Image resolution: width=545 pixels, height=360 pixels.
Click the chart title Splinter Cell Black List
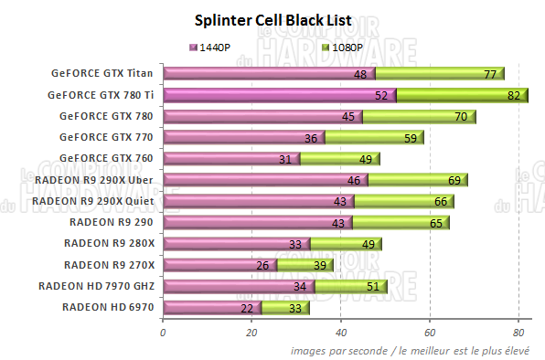point(272,20)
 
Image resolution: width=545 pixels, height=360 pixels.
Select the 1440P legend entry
point(213,46)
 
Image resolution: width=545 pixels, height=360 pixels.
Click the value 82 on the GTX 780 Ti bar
point(513,95)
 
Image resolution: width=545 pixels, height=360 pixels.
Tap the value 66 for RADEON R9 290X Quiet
point(439,201)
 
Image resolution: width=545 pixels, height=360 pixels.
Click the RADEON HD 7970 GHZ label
point(97,286)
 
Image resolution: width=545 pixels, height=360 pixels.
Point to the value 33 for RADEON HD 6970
point(294,308)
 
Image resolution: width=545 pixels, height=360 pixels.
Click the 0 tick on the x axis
point(163,333)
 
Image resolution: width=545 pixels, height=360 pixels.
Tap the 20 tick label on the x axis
point(251,333)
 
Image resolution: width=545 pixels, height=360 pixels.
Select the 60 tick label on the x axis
point(430,333)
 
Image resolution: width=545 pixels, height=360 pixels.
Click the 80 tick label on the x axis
point(518,333)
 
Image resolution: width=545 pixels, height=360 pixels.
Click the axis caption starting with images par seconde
point(416,350)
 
